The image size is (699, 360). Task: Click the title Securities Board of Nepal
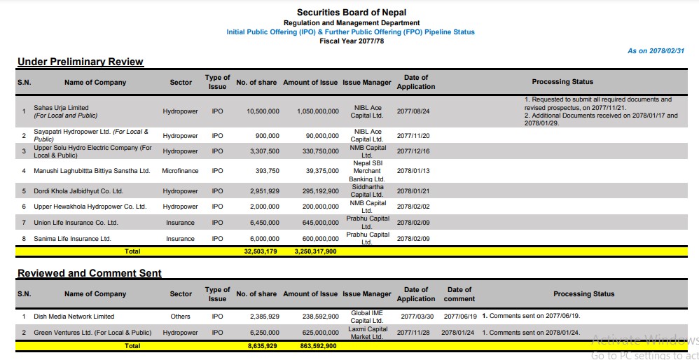pos(351,13)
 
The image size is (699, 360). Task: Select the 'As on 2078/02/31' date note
pos(656,51)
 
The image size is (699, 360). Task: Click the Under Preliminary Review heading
pos(81,62)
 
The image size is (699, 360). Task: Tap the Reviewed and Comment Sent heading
pos(90,273)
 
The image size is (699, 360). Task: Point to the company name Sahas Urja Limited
pos(62,108)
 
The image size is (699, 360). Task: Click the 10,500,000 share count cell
pos(263,111)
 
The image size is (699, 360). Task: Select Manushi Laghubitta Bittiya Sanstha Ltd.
pos(92,170)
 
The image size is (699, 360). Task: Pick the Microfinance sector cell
pos(180,170)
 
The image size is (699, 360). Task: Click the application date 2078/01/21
pos(413,191)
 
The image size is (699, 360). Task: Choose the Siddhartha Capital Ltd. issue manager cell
pos(366,191)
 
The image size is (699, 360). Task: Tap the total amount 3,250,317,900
pos(310,251)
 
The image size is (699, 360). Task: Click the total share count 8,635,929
pos(262,346)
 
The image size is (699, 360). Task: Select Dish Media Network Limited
pos(74,317)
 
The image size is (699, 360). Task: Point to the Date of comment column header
pos(459,293)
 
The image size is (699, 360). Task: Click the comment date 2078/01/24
pos(458,333)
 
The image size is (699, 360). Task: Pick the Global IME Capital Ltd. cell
pos(366,317)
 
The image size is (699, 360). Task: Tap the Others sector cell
pos(180,317)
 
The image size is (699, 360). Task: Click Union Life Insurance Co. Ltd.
pos(76,223)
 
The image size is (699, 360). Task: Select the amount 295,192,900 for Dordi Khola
pos(310,191)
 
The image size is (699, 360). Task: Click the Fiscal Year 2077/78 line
pos(351,41)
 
